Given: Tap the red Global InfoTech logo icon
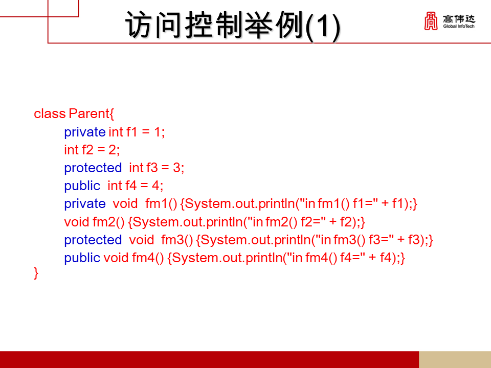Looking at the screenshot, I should point(431,21).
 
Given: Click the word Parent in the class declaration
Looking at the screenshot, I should point(89,113).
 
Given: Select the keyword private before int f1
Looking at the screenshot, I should point(84,132).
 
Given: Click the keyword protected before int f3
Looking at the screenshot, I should point(93,168).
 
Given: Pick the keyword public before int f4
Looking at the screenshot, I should point(82,186).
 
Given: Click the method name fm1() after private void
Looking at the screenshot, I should point(161,203).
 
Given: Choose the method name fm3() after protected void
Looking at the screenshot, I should point(177,240).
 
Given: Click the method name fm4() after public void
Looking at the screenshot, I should point(148,258).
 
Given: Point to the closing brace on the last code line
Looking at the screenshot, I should point(36,273).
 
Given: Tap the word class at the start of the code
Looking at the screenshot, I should point(50,113).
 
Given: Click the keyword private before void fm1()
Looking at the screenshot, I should point(84,203).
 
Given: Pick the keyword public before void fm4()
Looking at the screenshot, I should point(82,258).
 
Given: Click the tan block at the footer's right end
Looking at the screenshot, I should point(455,359).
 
